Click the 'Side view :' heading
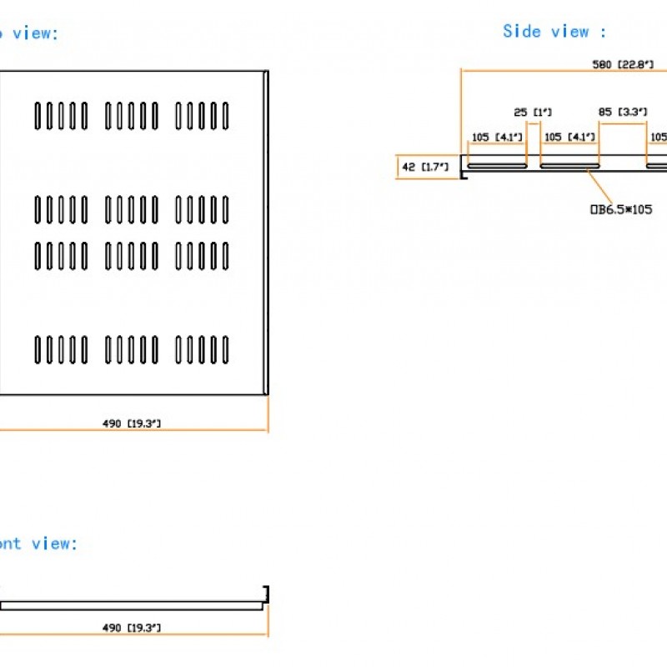click(x=554, y=32)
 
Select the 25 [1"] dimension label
click(x=532, y=112)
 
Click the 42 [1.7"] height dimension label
click(x=425, y=167)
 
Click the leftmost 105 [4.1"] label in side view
click(x=498, y=138)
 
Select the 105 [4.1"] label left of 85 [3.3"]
click(x=569, y=138)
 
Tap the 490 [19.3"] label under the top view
click(x=132, y=424)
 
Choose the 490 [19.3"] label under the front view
click(x=132, y=627)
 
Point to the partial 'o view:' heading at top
click(x=29, y=34)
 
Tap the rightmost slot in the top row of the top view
click(x=225, y=116)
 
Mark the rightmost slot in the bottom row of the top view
click(x=225, y=350)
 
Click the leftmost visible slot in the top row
click(x=38, y=116)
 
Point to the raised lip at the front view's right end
click(x=265, y=594)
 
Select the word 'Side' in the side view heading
click(x=522, y=32)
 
